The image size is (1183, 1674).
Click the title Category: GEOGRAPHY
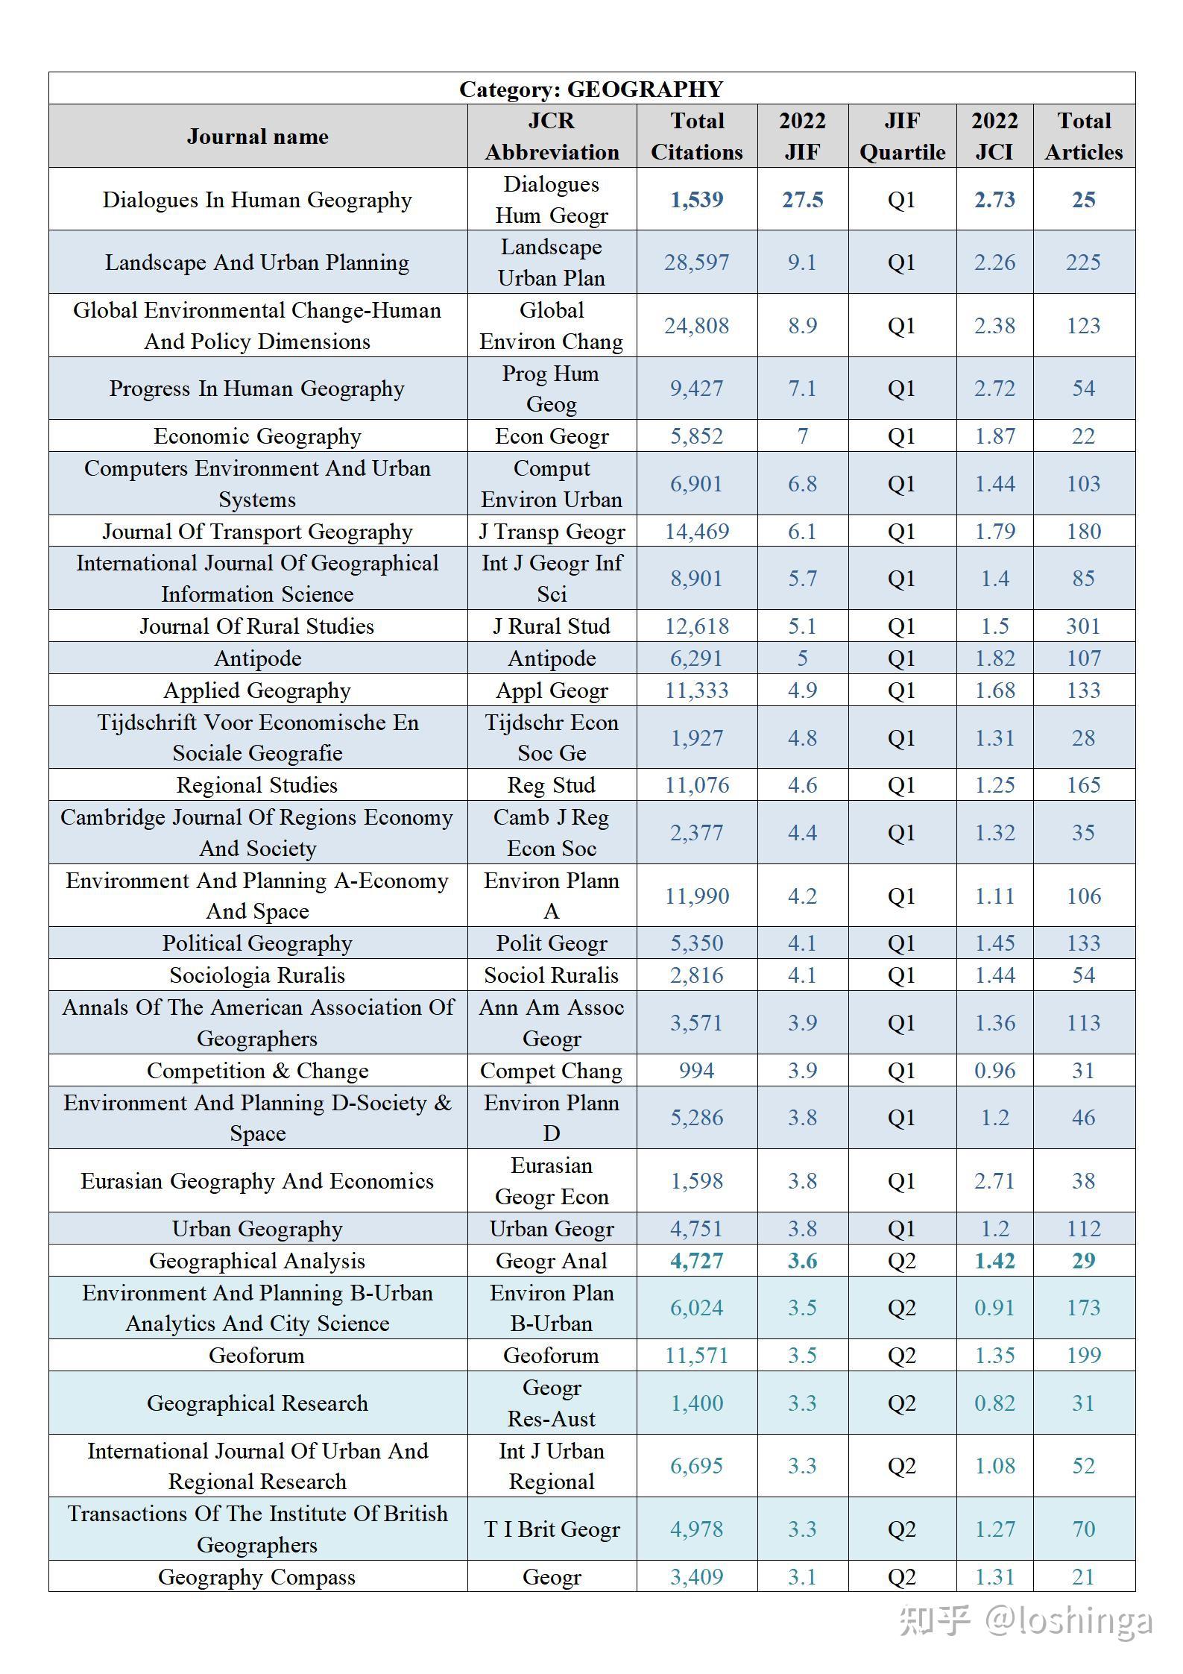point(591,89)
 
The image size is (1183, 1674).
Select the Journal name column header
point(257,136)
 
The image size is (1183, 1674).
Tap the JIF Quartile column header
point(902,136)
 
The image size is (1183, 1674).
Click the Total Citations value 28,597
point(696,262)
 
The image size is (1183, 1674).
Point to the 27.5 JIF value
point(802,200)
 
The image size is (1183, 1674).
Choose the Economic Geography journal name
point(257,436)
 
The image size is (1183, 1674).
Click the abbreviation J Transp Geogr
point(552,532)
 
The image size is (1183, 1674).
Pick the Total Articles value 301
point(1083,626)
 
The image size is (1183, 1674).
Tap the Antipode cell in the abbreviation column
point(552,658)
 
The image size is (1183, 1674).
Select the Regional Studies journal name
point(257,785)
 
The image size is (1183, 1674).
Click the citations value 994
point(696,1071)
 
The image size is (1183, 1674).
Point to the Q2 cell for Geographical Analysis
point(902,1261)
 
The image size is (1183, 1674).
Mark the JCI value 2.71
point(994,1181)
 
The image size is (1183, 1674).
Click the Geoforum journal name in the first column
point(257,1356)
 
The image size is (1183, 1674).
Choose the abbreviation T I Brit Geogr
point(552,1529)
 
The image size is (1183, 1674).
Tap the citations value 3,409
point(696,1577)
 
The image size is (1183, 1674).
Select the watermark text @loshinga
point(1070,1620)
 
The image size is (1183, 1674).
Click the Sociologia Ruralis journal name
point(257,975)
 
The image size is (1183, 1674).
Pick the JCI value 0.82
point(994,1403)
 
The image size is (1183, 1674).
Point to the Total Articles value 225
point(1083,262)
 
